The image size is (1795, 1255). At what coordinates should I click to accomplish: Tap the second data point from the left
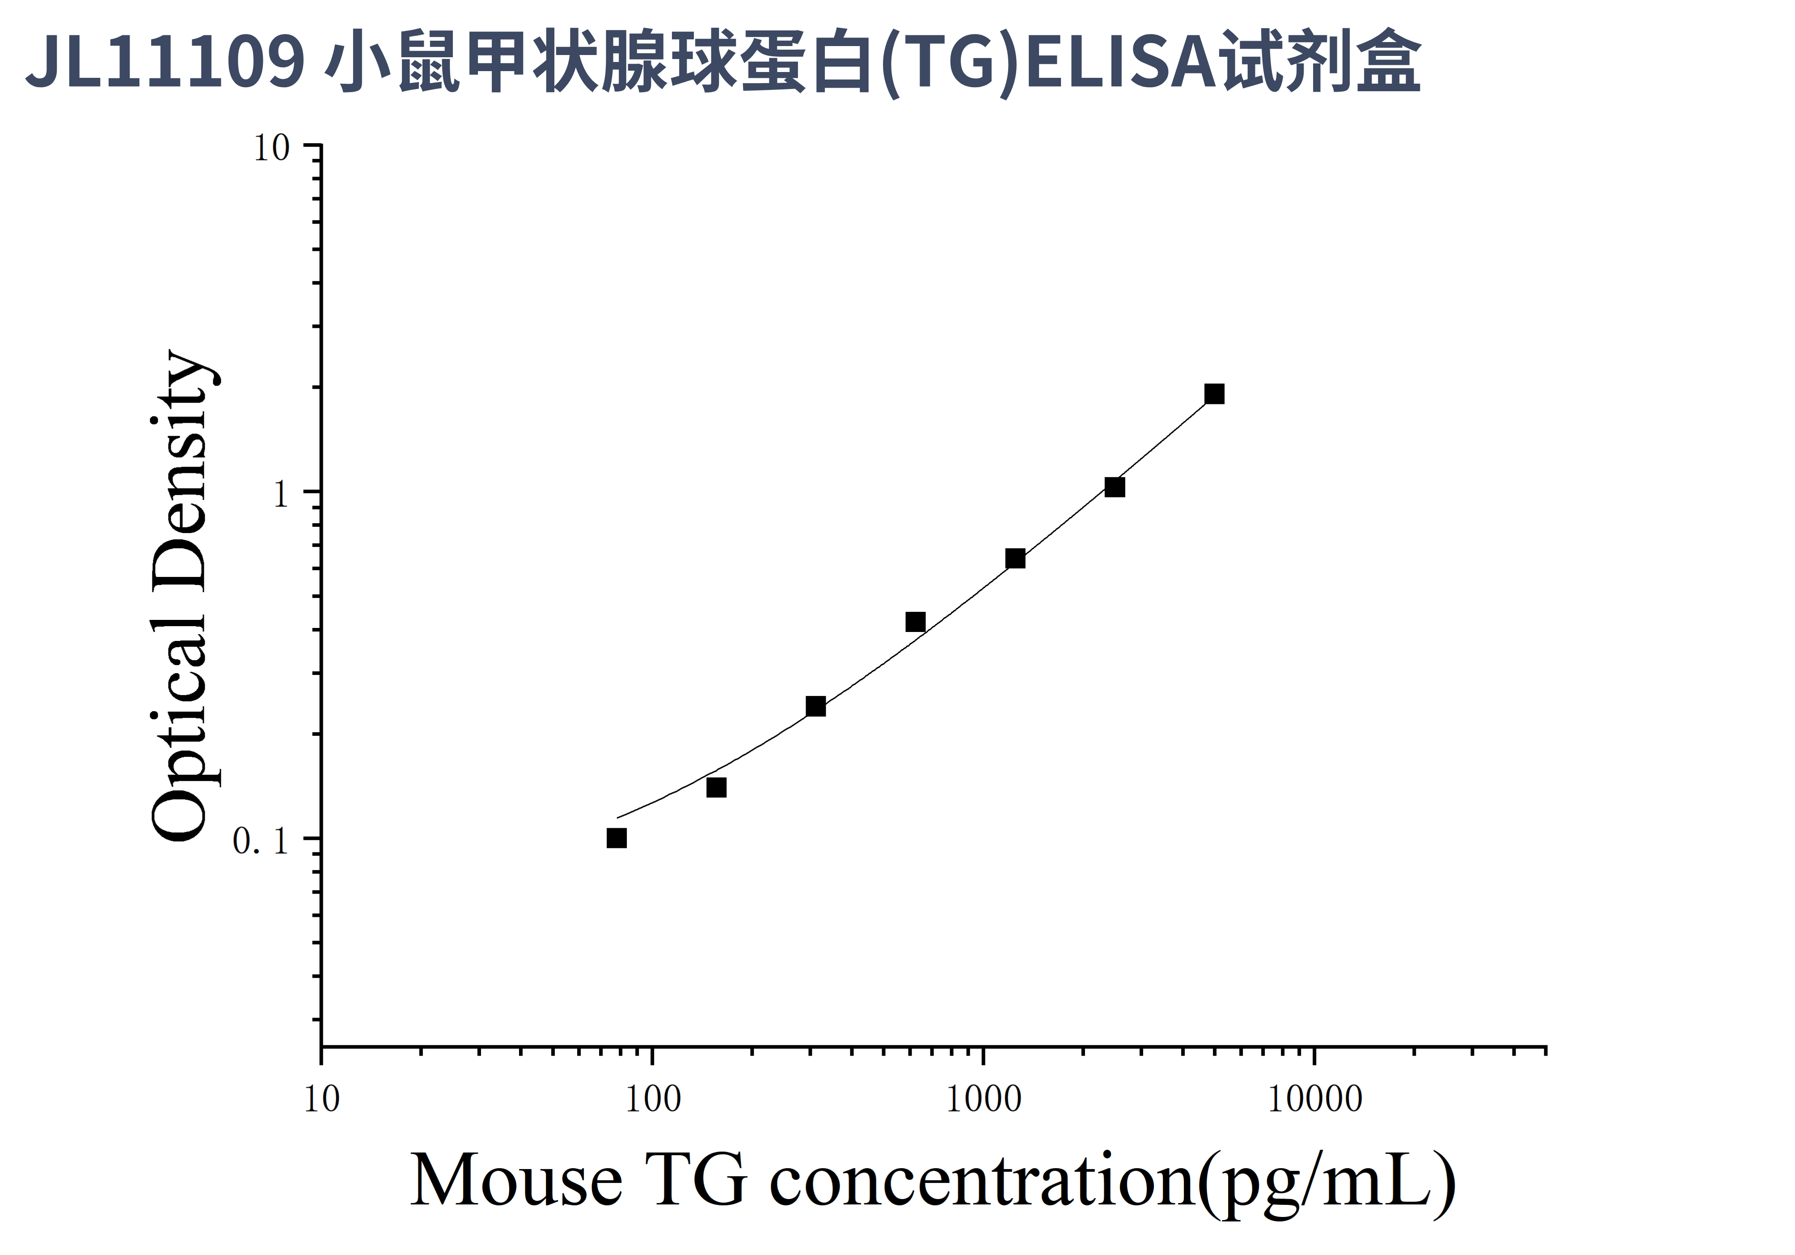coord(716,787)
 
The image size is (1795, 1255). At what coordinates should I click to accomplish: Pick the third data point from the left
coord(815,706)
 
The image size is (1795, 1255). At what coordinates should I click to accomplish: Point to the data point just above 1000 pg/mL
coord(1015,558)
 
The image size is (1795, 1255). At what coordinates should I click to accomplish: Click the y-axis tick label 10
coord(270,148)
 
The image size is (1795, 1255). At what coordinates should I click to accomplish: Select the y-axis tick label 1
coord(281,494)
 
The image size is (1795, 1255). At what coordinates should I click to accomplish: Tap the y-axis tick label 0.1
coord(260,841)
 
